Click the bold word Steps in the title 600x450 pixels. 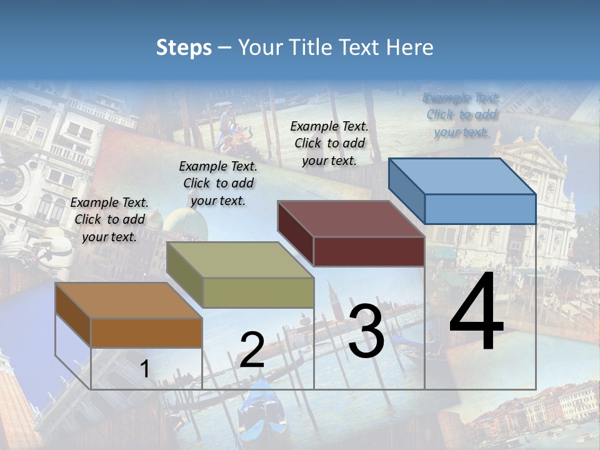184,47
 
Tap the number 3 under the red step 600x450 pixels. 366,331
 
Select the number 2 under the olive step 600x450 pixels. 252,350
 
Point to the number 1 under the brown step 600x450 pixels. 144,369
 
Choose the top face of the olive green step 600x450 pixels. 240,260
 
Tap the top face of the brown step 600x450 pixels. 129,301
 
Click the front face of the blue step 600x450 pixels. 480,209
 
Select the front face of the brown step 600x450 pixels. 146,333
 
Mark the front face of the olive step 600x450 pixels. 258,292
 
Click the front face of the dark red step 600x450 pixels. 369,251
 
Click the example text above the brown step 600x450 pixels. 109,219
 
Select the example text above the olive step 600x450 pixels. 218,183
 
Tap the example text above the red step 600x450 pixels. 329,143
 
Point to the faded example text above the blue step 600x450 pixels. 461,114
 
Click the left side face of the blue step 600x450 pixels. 406,190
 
